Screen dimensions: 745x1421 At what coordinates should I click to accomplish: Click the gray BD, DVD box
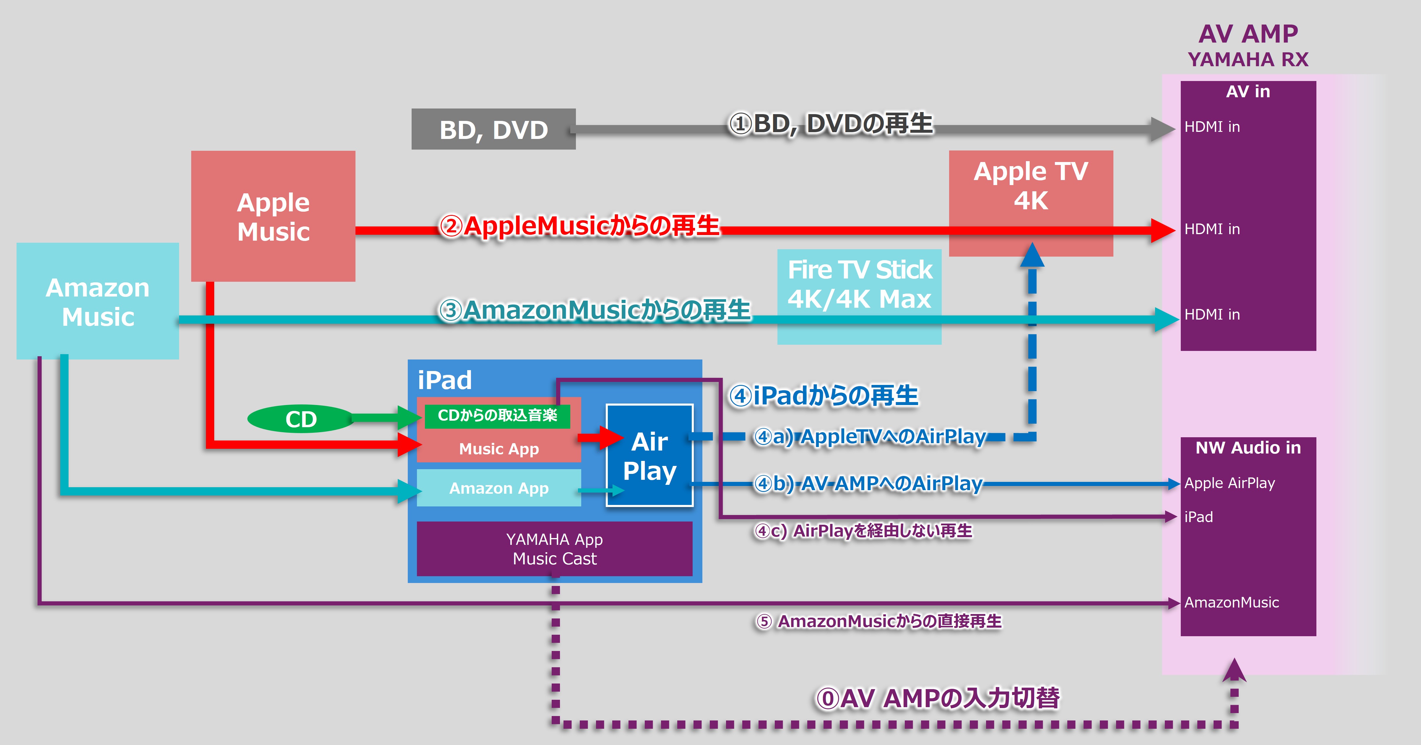[x=493, y=129]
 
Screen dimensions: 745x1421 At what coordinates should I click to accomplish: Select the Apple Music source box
[x=273, y=216]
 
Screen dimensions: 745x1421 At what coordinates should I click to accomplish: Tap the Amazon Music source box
[x=98, y=301]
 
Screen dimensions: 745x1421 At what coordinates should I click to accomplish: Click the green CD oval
[x=301, y=419]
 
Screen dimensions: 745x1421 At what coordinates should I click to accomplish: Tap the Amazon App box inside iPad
[x=499, y=488]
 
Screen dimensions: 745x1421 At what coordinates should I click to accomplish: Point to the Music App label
[x=499, y=449]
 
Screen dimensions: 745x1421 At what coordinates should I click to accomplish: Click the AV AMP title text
[x=1248, y=34]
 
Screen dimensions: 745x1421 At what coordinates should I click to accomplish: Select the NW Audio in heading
[x=1248, y=448]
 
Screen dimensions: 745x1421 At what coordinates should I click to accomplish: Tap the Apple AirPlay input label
[x=1230, y=483]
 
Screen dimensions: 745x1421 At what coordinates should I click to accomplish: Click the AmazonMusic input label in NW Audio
[x=1231, y=603]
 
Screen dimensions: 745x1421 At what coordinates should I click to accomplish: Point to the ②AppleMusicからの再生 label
[x=579, y=226]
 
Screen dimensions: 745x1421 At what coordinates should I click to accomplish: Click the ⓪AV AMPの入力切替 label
[x=938, y=698]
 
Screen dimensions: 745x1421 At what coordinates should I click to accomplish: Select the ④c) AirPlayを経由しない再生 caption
[x=863, y=531]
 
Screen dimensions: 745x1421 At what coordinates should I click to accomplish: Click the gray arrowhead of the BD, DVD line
[x=1163, y=129]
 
